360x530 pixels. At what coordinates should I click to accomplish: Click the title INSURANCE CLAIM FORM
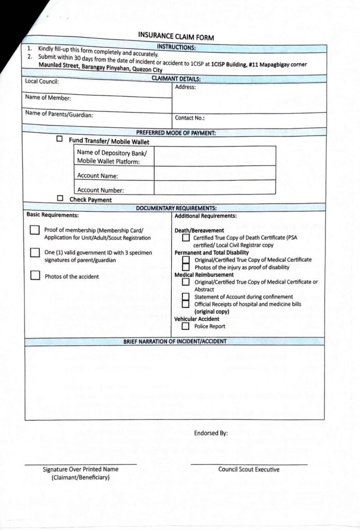pos(176,36)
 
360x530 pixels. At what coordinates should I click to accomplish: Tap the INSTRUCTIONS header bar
pos(176,47)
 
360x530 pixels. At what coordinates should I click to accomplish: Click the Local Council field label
pos(42,81)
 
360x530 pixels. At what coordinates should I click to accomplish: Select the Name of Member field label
pos(48,98)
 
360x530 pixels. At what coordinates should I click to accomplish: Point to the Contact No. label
pos(190,118)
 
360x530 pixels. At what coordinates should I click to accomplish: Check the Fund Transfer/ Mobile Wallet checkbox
pos(59,139)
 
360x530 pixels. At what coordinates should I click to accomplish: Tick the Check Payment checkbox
pos(60,198)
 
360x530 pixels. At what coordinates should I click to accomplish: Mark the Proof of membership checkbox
pos(35,230)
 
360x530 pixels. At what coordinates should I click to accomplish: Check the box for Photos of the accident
pos(35,276)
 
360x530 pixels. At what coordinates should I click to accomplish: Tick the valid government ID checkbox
pos(35,253)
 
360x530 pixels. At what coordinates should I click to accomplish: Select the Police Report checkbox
pos(185,327)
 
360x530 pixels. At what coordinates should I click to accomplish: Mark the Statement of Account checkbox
pos(186,297)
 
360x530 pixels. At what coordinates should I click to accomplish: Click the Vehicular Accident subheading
pos(197,319)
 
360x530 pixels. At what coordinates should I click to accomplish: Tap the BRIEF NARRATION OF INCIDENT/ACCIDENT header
pos(175,342)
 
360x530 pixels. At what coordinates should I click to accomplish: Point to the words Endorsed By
pos(211,433)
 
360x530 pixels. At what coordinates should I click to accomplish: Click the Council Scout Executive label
pos(248,469)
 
